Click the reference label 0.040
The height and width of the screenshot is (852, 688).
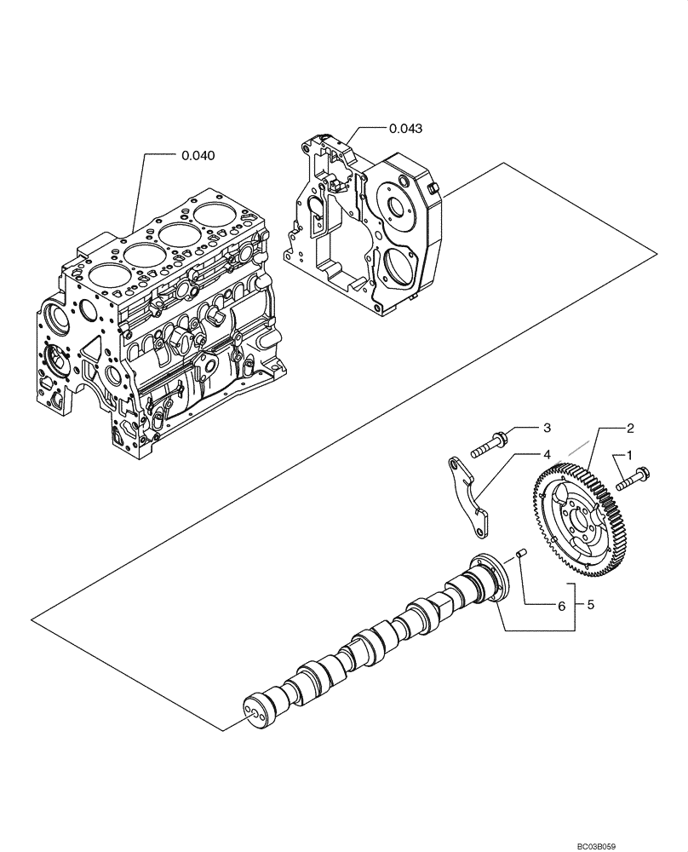198,156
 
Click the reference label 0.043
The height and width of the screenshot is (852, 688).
405,128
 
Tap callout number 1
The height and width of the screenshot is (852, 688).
631,456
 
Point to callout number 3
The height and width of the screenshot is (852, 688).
548,427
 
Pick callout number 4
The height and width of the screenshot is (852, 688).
548,455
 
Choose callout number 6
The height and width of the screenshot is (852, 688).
560,606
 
